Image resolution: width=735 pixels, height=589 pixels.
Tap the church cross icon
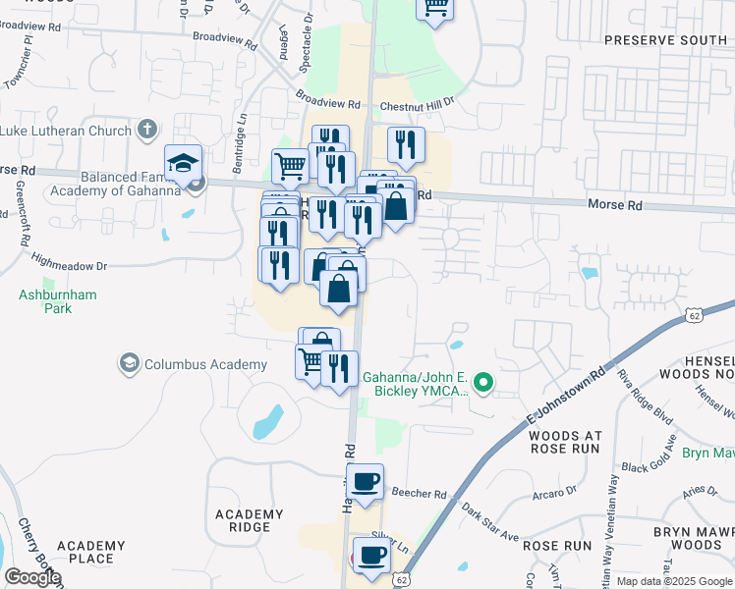tap(147, 130)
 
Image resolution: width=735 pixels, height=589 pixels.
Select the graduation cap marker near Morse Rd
tap(183, 163)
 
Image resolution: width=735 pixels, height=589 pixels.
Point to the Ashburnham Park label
tap(45, 300)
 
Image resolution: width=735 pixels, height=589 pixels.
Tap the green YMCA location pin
tap(482, 383)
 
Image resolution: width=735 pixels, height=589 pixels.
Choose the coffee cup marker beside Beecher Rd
tap(365, 482)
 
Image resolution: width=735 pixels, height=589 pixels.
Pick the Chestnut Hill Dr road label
tap(420, 101)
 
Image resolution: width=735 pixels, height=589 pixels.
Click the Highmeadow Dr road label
tap(68, 265)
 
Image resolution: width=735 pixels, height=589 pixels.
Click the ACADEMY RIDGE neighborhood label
tap(250, 520)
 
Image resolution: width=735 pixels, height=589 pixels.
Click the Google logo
tap(32, 577)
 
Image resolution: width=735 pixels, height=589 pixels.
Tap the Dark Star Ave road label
tap(489, 524)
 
